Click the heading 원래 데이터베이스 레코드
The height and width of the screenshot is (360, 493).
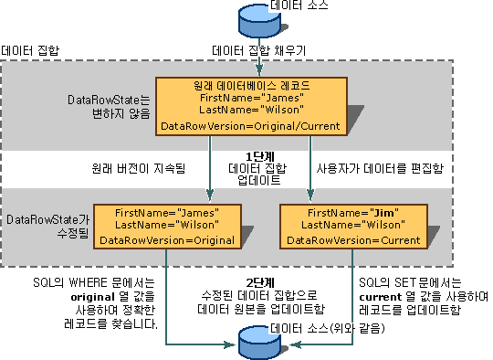(249, 85)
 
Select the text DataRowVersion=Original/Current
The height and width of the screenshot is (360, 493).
(249, 126)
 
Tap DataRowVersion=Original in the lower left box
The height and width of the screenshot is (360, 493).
(166, 239)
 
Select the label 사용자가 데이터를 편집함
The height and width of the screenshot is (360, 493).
(368, 168)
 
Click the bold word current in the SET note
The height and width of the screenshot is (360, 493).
(383, 297)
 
